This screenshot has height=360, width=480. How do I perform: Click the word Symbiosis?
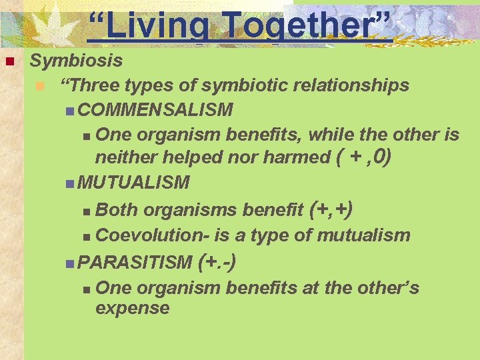(77, 61)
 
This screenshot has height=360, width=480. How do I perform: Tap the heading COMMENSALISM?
(155, 109)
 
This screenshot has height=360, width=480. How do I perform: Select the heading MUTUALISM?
(133, 182)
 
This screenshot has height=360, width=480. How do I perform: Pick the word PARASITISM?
(135, 262)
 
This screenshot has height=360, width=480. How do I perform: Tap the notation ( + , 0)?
(363, 157)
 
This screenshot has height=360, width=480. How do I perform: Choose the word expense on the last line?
(133, 308)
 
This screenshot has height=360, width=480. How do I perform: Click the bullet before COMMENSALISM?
(71, 110)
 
